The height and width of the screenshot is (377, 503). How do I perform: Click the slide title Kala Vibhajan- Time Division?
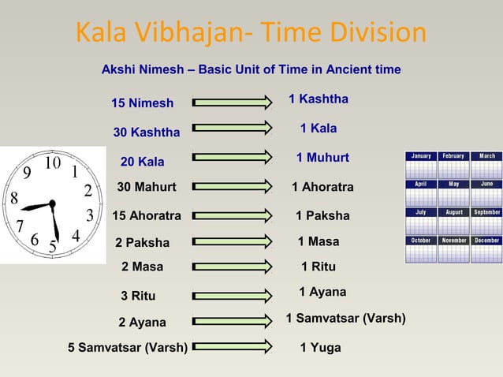pyautogui.click(x=251, y=33)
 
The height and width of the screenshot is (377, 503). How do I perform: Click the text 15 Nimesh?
pyautogui.click(x=142, y=103)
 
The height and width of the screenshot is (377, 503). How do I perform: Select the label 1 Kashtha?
pyautogui.click(x=318, y=99)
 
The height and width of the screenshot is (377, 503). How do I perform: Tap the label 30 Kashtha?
pyautogui.click(x=147, y=132)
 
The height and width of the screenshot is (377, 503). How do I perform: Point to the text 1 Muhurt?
pyautogui.click(x=322, y=159)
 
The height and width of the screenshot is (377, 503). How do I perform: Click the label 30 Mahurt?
pyautogui.click(x=147, y=187)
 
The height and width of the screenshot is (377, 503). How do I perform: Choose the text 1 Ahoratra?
pyautogui.click(x=322, y=187)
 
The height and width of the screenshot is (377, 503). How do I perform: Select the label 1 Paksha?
pyautogui.click(x=322, y=215)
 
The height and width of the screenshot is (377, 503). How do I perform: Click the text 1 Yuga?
pyautogui.click(x=320, y=347)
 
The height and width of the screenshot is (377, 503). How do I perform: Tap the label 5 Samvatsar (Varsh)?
pyautogui.click(x=128, y=347)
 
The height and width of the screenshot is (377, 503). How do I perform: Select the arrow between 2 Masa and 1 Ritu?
pyautogui.click(x=232, y=267)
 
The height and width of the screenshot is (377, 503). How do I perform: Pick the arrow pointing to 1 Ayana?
pyautogui.click(x=232, y=295)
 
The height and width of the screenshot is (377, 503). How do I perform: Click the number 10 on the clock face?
pyautogui.click(x=52, y=162)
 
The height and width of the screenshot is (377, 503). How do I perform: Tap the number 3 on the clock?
pyautogui.click(x=90, y=215)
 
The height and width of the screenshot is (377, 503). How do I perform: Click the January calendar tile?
pyautogui.click(x=420, y=166)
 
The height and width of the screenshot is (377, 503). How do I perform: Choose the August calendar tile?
pyautogui.click(x=453, y=222)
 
